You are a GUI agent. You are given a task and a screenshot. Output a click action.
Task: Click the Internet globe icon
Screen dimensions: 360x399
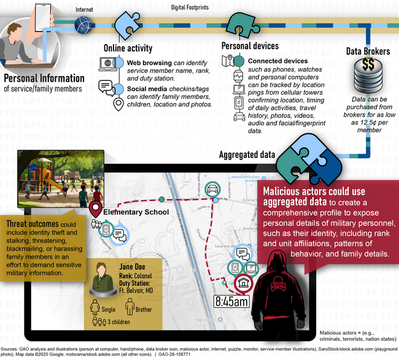[83, 25]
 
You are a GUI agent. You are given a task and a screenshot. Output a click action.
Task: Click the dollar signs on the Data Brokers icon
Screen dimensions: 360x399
[368, 65]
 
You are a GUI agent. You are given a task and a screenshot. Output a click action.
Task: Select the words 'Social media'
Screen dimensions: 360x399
[148, 88]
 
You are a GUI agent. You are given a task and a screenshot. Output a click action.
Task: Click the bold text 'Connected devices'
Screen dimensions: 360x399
[277, 61]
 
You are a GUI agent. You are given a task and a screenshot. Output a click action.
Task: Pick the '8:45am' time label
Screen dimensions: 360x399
[231, 301]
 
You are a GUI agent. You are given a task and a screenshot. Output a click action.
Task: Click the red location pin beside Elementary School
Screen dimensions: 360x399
[95, 210]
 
